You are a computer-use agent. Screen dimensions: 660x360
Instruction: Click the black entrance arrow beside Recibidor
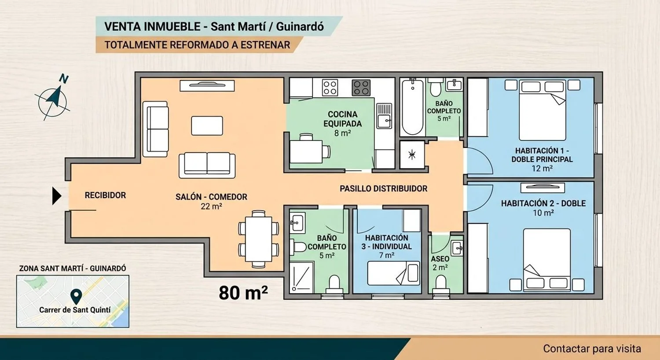coord(57,195)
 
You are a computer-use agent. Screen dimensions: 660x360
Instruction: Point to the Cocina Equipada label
coord(342,119)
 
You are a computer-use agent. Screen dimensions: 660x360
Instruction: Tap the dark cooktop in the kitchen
coord(361,88)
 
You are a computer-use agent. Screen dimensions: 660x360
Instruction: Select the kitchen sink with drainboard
coord(384,116)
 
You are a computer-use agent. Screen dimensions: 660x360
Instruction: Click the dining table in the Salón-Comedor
coord(259,239)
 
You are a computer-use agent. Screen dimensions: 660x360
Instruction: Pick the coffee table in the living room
coord(207,126)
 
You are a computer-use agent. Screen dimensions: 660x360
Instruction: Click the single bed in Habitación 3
coord(394,273)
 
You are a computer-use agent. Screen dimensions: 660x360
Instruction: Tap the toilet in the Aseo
coord(441,284)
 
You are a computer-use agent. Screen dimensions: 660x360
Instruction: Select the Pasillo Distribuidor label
coord(383,188)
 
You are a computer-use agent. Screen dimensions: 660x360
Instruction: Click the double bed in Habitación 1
coord(543,110)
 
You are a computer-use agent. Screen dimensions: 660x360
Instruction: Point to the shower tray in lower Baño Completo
coord(301,277)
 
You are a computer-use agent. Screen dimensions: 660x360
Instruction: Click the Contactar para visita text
coord(592,349)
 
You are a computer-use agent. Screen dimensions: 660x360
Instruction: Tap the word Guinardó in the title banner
coord(300,27)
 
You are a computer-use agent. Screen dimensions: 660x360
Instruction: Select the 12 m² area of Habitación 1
coord(542,169)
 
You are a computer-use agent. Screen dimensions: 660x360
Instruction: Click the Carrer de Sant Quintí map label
coord(75,310)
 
